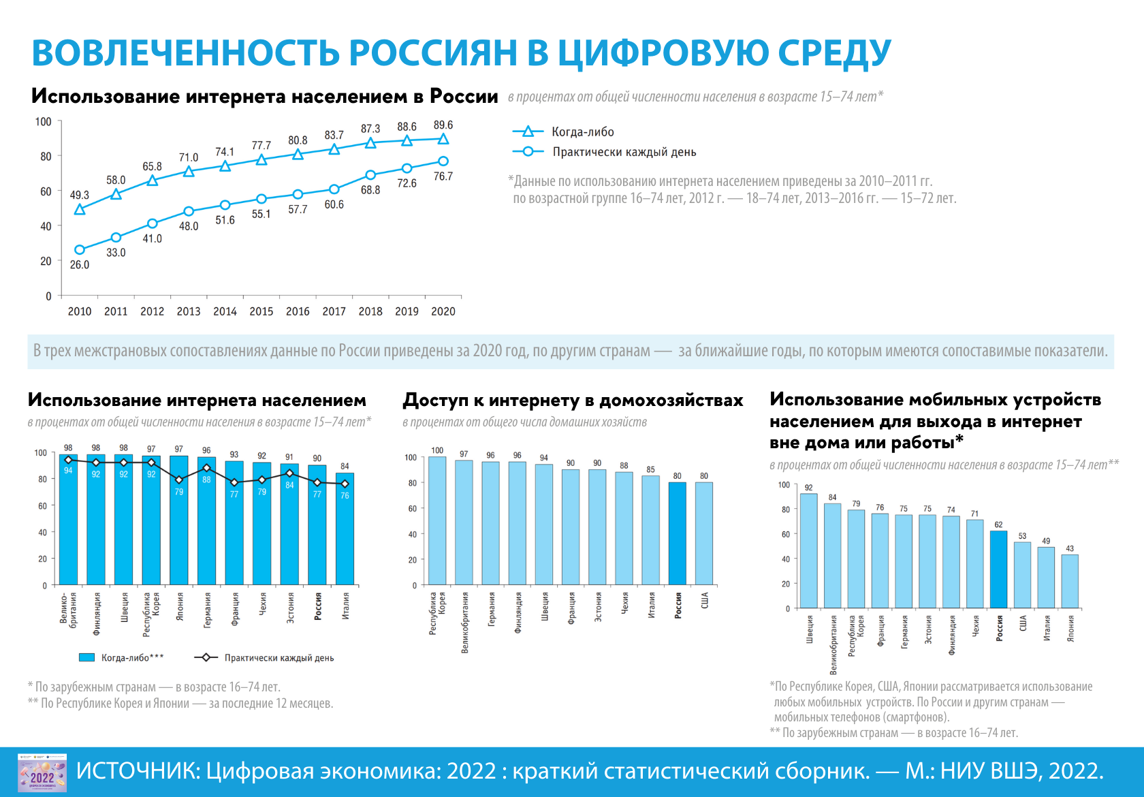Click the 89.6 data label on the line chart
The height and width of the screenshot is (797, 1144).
[443, 125]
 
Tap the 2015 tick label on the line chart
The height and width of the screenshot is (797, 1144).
[261, 311]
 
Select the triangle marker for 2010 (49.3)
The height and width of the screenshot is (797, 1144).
[80, 209]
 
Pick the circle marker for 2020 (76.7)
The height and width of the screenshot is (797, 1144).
[443, 161]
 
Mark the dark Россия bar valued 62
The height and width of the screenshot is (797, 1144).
[998, 569]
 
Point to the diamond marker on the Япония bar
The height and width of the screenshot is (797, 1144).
[179, 480]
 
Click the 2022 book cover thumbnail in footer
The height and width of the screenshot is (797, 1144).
[42, 772]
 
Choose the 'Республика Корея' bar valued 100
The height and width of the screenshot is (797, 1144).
[437, 520]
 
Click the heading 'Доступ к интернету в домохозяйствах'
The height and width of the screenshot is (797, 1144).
[573, 401]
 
